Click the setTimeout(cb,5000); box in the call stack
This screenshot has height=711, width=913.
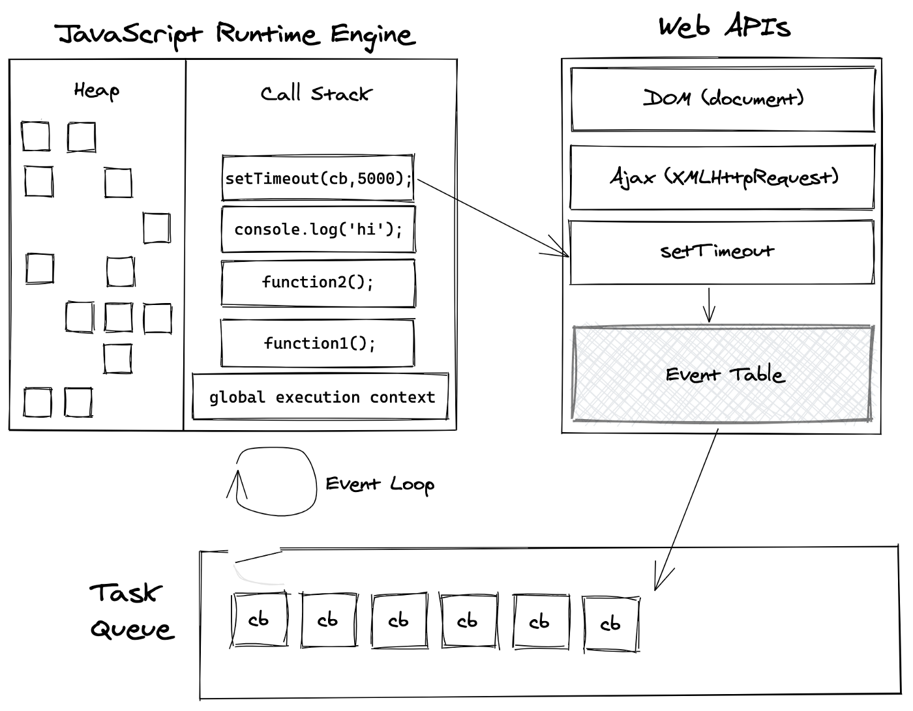[x=318, y=178]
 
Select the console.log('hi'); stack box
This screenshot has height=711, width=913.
[x=318, y=229]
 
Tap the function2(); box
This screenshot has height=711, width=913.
[x=318, y=282]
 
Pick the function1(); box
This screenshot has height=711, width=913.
[x=318, y=343]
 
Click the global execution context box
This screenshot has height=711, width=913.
[x=321, y=397]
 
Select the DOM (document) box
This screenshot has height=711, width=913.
[x=723, y=99]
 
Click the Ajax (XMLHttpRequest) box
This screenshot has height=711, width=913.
[x=723, y=177]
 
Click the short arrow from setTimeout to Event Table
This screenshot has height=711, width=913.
[x=710, y=305]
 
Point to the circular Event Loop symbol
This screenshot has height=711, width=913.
[x=276, y=481]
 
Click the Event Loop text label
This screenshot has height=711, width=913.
[x=380, y=484]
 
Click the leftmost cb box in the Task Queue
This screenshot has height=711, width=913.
[x=260, y=620]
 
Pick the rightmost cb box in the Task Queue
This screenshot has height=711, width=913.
[x=611, y=624]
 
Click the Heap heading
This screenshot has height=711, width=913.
[x=97, y=90]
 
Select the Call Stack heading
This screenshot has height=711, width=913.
[x=316, y=94]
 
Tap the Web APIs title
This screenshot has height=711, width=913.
[x=724, y=27]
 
